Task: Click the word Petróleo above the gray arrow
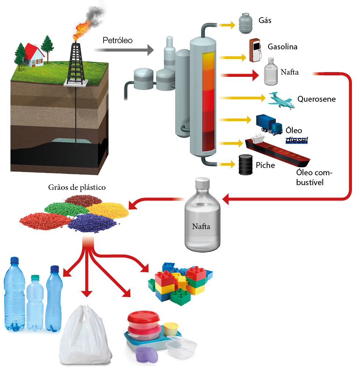click(117, 40)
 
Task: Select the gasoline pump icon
click(255, 50)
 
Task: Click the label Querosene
click(316, 99)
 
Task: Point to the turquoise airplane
click(281, 100)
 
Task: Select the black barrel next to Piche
click(246, 165)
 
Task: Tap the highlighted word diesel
click(297, 139)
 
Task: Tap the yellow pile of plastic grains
click(108, 209)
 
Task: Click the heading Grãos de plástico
click(77, 188)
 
